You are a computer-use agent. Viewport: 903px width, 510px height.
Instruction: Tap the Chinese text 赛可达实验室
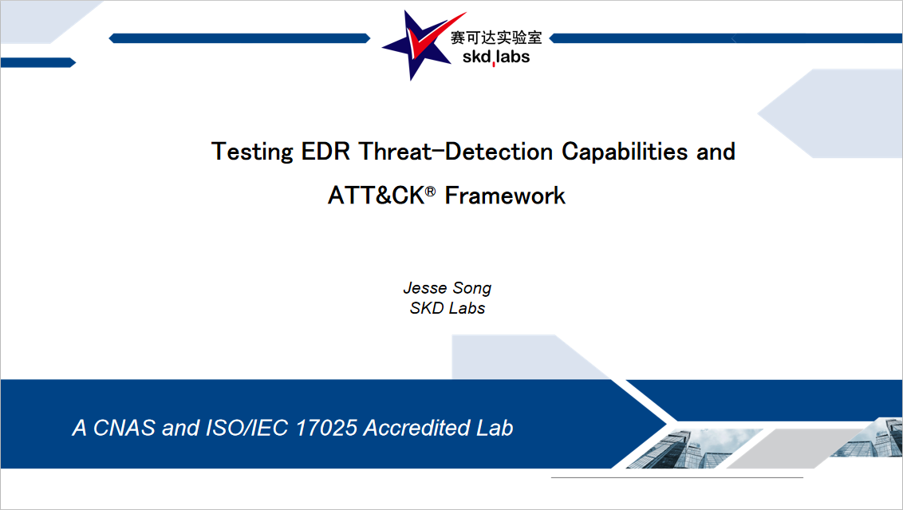496,38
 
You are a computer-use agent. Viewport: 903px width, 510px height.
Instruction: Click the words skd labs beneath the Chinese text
496,57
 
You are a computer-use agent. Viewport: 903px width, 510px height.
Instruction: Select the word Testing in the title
252,152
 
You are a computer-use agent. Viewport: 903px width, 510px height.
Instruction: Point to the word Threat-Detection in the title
456,152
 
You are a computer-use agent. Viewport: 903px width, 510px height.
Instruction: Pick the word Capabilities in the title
625,152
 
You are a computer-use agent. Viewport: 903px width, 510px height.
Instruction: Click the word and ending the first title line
716,152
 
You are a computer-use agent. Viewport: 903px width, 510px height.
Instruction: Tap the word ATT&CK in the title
377,196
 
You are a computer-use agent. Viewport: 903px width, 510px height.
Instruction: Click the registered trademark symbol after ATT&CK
430,191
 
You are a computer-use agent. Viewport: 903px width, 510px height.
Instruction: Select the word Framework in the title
505,196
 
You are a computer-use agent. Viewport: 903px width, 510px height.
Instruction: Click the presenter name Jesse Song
448,288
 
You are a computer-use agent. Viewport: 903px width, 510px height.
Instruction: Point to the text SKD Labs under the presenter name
448,308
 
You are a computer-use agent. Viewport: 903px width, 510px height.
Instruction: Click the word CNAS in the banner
124,428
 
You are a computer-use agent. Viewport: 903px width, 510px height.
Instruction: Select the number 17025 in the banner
326,428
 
